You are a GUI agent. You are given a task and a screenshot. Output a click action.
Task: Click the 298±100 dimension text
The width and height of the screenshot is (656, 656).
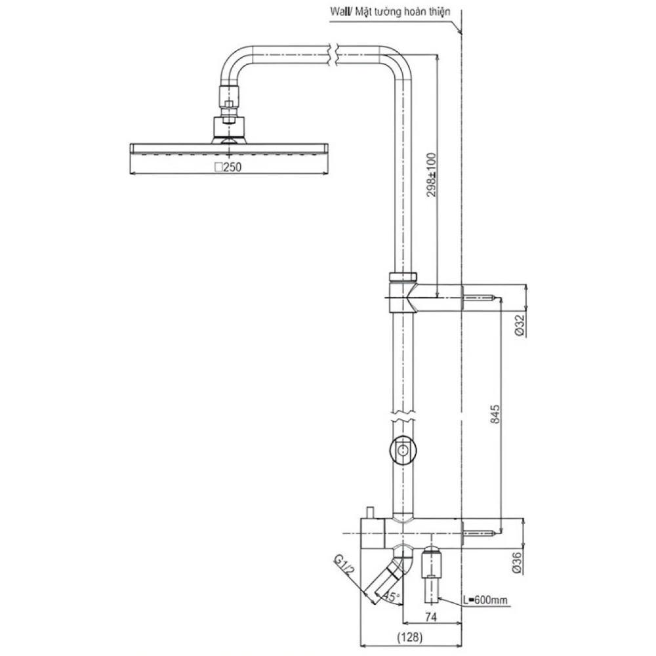point(432,175)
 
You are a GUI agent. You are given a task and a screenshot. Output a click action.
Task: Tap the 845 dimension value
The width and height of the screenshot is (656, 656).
point(495,414)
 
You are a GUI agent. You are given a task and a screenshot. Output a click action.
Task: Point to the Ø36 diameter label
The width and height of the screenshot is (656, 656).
point(518,563)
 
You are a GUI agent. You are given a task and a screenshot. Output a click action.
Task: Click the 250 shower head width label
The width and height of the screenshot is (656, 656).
point(228,167)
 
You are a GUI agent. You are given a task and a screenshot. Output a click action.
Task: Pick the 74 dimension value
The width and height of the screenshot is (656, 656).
point(431,617)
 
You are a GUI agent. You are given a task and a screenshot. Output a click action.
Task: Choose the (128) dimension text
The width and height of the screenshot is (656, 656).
point(409,637)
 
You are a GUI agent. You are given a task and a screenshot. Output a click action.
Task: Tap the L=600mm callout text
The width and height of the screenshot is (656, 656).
point(485,600)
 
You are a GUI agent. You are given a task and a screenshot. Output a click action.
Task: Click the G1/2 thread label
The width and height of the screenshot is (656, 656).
point(344,565)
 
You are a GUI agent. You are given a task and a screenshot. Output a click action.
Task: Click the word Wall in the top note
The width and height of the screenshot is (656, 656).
point(339,11)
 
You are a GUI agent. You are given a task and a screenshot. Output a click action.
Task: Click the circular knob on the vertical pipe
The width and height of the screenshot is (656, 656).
point(403,450)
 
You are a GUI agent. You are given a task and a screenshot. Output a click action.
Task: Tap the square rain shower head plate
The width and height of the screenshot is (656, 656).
point(229,148)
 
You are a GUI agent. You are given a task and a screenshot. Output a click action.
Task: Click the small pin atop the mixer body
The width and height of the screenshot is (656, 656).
point(370,512)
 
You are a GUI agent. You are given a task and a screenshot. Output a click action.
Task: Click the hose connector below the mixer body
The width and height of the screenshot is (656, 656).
point(431,573)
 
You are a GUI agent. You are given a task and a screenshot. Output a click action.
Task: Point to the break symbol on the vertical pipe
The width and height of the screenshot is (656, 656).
point(403,417)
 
